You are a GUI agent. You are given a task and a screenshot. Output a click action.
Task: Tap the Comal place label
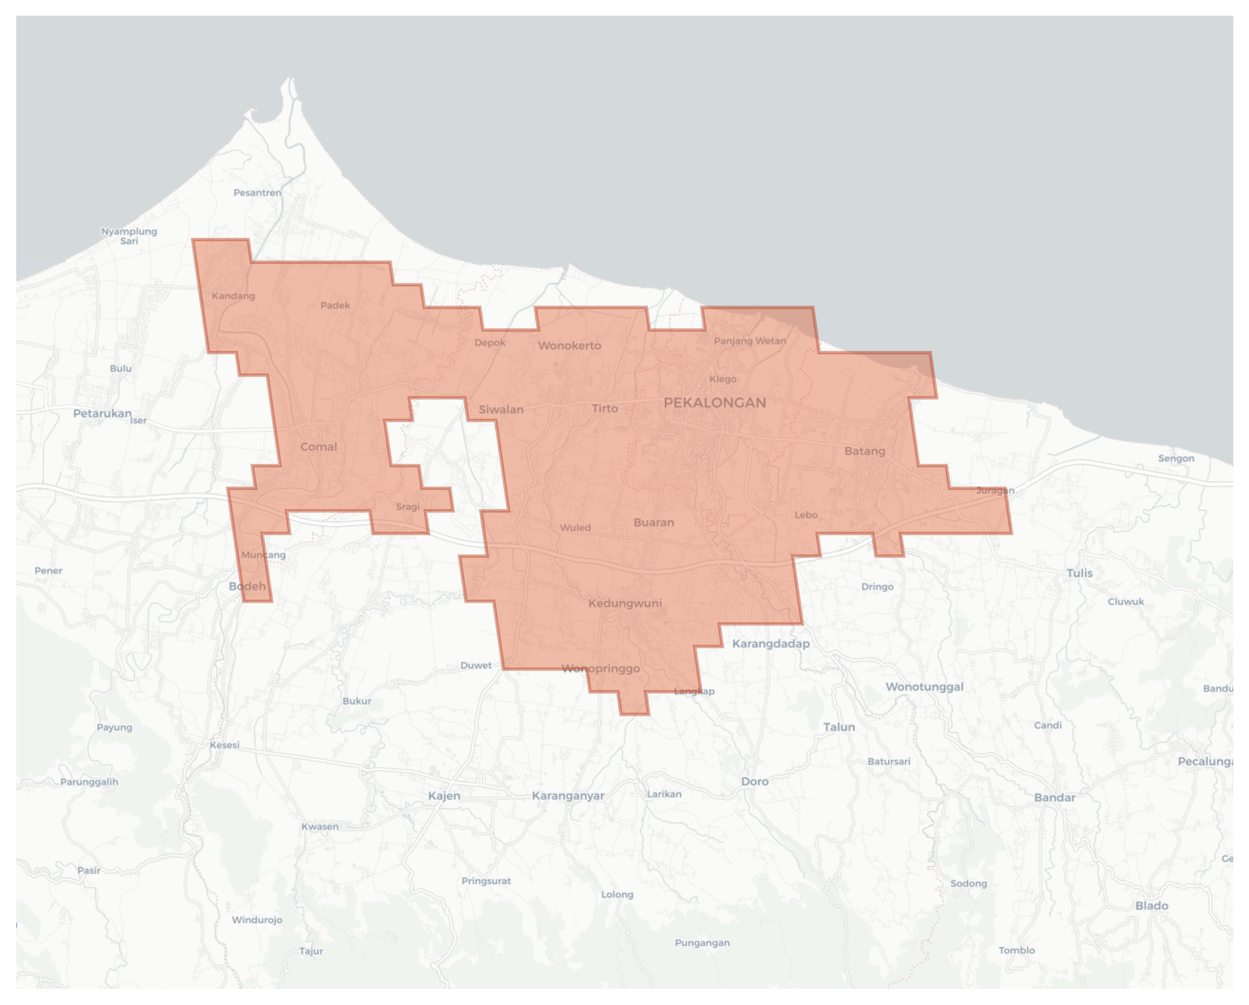coord(318,447)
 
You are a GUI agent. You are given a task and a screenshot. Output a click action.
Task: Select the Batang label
coord(864,451)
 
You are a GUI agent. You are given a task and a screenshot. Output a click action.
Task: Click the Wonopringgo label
coord(601,669)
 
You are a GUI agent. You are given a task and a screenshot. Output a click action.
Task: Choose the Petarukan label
coord(102,414)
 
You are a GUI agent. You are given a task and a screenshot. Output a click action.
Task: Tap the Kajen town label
coord(444,796)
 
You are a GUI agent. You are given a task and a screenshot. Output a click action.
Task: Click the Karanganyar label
coord(568,796)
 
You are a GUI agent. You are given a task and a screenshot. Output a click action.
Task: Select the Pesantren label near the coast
coord(257,193)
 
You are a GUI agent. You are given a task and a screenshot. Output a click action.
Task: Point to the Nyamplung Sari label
coord(129,236)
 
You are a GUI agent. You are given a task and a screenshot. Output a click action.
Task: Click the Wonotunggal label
coord(924,687)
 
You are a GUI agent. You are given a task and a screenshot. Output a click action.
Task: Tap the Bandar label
coord(1054,798)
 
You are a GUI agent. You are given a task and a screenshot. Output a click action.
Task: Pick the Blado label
coord(1151,906)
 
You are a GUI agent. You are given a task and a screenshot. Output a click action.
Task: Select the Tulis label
coord(1079,573)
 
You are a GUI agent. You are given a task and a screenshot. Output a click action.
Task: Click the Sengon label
coord(1175,458)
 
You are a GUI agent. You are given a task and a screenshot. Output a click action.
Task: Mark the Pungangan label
coord(702,943)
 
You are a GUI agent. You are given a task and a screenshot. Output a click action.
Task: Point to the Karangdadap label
coord(770,644)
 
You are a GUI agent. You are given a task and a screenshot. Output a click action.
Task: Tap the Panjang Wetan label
coord(750,341)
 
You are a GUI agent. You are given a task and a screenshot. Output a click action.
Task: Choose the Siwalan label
coord(500,410)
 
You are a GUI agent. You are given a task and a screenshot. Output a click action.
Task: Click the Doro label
coord(754,782)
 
